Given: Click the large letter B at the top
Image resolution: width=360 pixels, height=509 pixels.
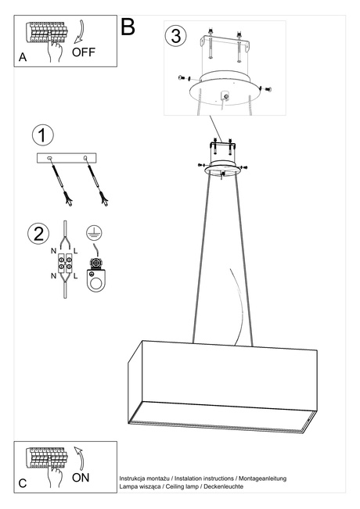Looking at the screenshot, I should click(128, 27).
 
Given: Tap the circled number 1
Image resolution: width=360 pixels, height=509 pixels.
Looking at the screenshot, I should click(43, 134).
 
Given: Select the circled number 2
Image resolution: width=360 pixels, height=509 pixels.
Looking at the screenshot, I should click(37, 233).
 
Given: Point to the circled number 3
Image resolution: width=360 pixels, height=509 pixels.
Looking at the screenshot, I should click(176, 35).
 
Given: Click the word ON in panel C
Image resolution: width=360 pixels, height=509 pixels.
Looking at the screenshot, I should click(81, 477).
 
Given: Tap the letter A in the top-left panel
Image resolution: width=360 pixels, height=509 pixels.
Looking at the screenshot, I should click(23, 58).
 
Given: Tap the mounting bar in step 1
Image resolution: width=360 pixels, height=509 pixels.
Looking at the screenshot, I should click(68, 159).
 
